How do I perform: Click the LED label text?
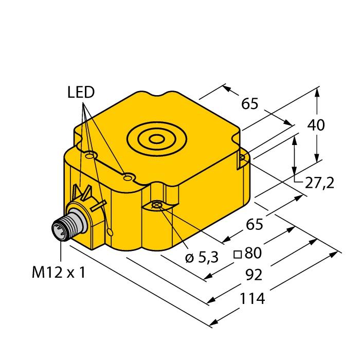click(81, 92)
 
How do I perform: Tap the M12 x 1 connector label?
click(59, 273)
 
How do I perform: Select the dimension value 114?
click(252, 298)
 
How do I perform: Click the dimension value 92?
click(254, 275)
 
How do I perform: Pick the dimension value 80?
click(253, 253)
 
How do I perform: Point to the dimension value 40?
click(316, 125)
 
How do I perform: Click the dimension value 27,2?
click(319, 183)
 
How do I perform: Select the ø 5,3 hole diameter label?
click(202, 258)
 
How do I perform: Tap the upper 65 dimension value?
click(250, 104)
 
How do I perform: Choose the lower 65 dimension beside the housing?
click(255, 224)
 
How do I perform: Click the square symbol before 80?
click(238, 255)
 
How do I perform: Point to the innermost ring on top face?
click(156, 139)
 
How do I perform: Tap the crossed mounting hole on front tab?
click(157, 205)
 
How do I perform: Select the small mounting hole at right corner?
click(242, 157)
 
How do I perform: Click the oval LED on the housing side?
click(111, 232)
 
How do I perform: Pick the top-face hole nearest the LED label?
click(89, 156)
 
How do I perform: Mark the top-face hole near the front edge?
click(128, 177)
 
